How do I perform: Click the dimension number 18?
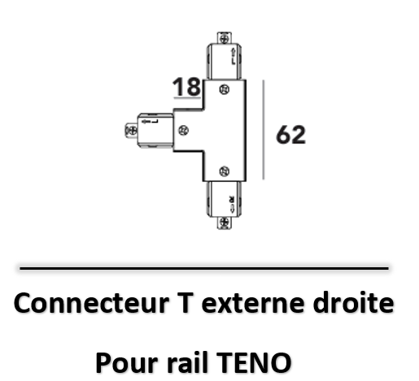click(x=186, y=87)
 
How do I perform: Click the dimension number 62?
click(x=290, y=135)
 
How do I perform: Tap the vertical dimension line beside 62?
click(x=264, y=130)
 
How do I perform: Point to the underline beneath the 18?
click(x=187, y=97)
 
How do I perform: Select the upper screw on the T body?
click(x=225, y=89)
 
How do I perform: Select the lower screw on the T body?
click(x=225, y=171)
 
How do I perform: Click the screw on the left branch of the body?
click(x=183, y=131)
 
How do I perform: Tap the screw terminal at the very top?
click(x=225, y=38)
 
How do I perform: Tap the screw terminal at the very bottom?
click(x=225, y=223)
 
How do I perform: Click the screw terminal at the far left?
click(x=132, y=131)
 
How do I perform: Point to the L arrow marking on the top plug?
click(x=234, y=57)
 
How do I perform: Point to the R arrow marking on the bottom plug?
click(x=232, y=204)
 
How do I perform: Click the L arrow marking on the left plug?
click(x=150, y=121)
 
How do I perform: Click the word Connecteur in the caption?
click(x=91, y=303)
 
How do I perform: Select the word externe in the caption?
click(x=252, y=304)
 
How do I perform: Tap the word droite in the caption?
click(x=353, y=303)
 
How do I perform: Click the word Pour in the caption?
click(x=127, y=362)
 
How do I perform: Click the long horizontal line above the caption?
click(x=204, y=268)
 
